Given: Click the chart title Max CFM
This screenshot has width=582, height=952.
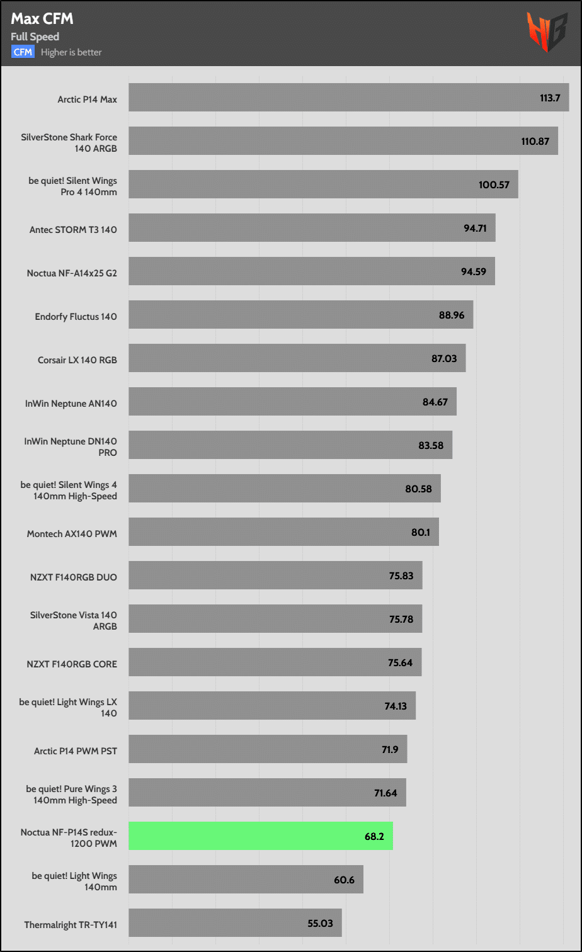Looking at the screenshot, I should click(x=42, y=19).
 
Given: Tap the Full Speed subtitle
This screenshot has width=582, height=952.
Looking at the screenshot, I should click(x=35, y=37).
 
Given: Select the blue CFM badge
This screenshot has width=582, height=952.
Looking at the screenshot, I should click(x=23, y=52).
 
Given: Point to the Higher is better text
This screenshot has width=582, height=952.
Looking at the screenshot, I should click(x=71, y=52).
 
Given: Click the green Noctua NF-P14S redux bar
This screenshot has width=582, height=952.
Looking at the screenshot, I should click(x=261, y=836).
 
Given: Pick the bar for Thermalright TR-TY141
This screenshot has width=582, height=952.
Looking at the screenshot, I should click(x=235, y=922).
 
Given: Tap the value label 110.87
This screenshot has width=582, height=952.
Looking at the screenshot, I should click(x=535, y=142).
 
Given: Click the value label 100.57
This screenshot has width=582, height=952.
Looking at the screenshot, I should click(x=494, y=185).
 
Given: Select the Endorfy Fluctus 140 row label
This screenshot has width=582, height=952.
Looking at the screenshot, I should click(x=76, y=316).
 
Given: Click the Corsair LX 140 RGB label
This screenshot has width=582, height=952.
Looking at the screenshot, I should click(x=77, y=360).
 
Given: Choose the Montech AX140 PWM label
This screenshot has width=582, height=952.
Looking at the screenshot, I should click(x=72, y=533).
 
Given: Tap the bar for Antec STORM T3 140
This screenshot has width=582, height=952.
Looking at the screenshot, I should click(x=312, y=228).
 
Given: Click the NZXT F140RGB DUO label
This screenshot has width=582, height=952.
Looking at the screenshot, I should click(x=73, y=577).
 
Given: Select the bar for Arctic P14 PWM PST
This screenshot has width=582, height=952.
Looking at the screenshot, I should click(x=268, y=749).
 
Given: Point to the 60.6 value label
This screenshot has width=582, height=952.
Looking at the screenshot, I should click(x=344, y=880).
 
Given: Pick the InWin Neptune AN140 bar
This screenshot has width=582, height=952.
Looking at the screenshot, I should click(x=292, y=402).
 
